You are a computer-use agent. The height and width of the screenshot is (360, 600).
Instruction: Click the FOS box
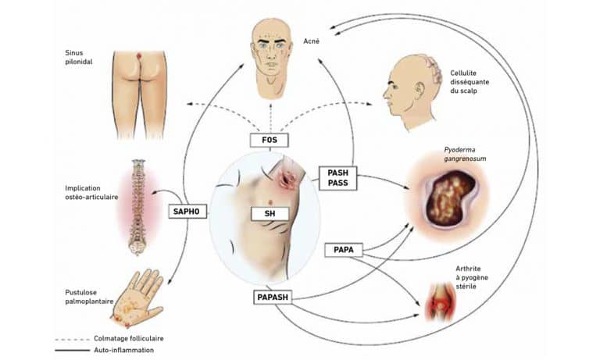click(x=269, y=140)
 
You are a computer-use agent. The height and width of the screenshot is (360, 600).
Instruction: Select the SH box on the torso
click(x=270, y=213)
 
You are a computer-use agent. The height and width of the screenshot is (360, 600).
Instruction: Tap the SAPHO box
click(x=187, y=212)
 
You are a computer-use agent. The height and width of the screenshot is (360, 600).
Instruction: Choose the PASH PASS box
click(x=337, y=178)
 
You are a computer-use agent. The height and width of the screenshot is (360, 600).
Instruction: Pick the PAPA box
click(x=343, y=250)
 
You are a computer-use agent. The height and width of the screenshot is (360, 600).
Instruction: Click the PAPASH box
click(x=273, y=298)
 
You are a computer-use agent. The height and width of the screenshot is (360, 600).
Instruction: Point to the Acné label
click(x=311, y=41)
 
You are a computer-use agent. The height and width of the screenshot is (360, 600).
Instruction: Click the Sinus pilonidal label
click(x=78, y=57)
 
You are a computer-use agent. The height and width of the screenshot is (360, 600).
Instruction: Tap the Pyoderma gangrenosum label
click(x=465, y=154)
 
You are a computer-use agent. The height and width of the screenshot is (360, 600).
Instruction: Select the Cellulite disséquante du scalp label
click(x=470, y=82)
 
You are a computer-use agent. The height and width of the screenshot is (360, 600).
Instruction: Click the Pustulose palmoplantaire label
click(x=90, y=297)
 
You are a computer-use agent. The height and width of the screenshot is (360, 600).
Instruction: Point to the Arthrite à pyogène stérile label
click(x=472, y=277)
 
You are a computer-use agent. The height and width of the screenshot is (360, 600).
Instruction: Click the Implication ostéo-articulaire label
click(x=91, y=192)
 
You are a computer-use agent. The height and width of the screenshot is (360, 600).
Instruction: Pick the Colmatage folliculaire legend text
click(x=129, y=339)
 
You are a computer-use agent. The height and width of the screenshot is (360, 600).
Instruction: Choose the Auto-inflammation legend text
click(x=123, y=350)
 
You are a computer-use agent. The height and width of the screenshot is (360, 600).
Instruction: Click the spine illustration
click(x=137, y=207)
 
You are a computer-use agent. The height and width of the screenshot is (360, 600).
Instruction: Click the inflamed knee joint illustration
click(x=441, y=301)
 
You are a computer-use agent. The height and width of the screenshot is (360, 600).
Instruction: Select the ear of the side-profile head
click(x=419, y=90)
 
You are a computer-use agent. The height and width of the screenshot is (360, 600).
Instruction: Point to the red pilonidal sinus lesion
click(x=139, y=57)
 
